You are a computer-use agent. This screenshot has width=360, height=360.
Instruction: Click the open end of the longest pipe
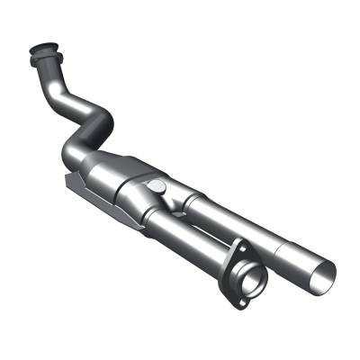323,269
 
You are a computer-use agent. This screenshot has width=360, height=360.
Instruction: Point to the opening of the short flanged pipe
250,274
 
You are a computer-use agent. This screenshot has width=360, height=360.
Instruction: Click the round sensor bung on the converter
158,186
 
